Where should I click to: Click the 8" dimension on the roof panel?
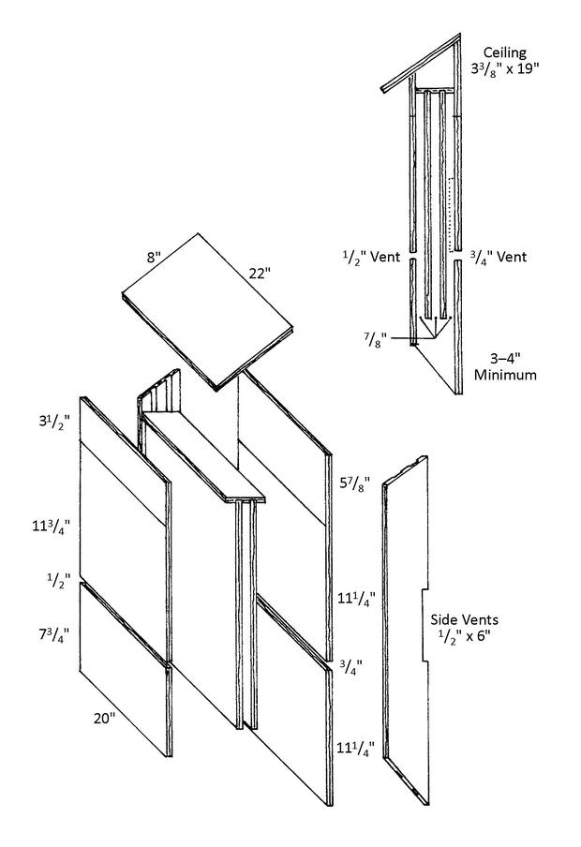(x=154, y=257)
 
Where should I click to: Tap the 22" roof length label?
(x=260, y=274)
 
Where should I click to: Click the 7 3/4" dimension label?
(x=53, y=633)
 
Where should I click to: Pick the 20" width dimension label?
(x=104, y=719)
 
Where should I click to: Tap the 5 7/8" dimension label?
(x=354, y=484)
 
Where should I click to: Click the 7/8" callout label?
(x=374, y=340)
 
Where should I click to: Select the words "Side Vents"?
(x=464, y=619)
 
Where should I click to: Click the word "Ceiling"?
(x=504, y=52)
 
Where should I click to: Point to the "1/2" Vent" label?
(x=372, y=256)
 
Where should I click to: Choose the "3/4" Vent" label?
(x=498, y=256)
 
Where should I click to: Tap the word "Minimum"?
(x=505, y=375)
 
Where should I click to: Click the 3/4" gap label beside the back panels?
(x=350, y=668)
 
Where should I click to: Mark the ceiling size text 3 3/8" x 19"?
(x=505, y=68)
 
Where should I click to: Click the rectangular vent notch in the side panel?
(x=425, y=624)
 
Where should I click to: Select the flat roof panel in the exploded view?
(x=207, y=312)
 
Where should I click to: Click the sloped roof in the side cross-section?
(x=422, y=63)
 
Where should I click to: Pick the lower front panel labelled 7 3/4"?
(x=126, y=669)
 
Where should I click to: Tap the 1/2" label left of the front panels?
(x=58, y=581)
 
